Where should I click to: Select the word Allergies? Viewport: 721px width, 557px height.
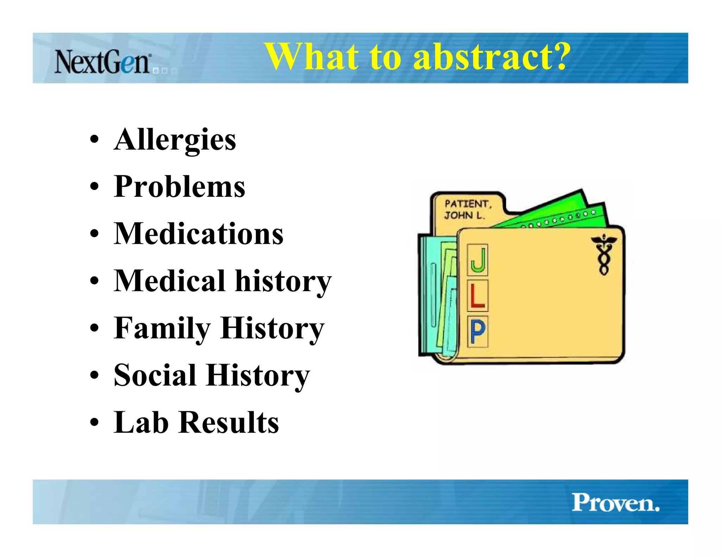(175, 140)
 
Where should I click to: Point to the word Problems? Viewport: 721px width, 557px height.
(180, 187)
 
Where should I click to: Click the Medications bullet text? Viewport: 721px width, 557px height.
(199, 234)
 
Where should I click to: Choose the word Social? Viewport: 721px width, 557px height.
(155, 376)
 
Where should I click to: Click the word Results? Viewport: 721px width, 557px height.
(229, 423)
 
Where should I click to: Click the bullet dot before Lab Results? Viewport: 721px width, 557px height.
(94, 423)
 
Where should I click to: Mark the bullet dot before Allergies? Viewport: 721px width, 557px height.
(94, 139)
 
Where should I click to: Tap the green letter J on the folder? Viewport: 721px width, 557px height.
(478, 260)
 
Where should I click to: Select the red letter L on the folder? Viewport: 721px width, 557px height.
(478, 296)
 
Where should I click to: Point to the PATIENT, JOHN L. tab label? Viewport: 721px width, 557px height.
(467, 209)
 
